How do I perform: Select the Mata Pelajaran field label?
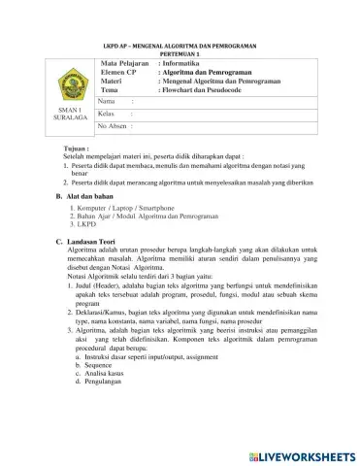click(x=127, y=63)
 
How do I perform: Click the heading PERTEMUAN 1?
click(x=180, y=54)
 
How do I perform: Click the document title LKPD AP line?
click(x=180, y=47)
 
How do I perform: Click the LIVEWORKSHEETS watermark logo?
click(x=296, y=453)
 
